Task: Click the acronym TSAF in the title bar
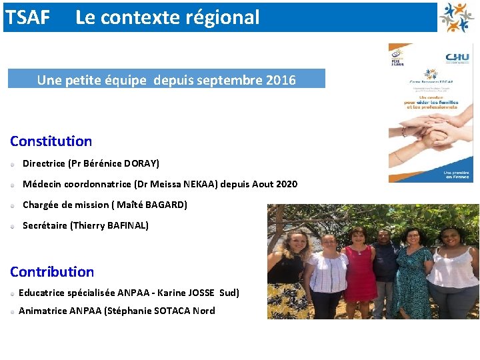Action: tap(27, 17)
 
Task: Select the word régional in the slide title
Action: tap(226, 17)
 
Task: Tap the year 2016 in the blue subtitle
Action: tap(281, 80)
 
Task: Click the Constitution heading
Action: tap(51, 141)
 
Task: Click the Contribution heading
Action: tap(52, 272)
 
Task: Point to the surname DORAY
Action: tap(141, 163)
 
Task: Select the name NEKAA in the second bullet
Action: tap(195, 184)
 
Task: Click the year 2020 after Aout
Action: tap(284, 184)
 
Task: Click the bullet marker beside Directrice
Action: tap(13, 164)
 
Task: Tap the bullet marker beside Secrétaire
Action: tap(13, 226)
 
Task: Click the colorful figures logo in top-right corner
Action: tap(457, 17)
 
